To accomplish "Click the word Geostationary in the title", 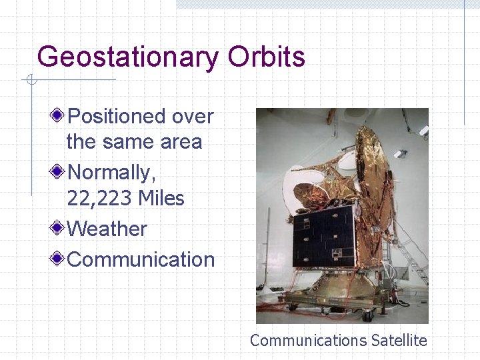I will pos(127,57).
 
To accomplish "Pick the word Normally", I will pos(111,173).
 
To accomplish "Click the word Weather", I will pos(107,229).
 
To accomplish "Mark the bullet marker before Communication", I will pos(59,259).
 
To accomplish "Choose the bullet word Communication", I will pos(141,259).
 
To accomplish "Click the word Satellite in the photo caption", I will pos(399,341).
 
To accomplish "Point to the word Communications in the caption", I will pos(307,341).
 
